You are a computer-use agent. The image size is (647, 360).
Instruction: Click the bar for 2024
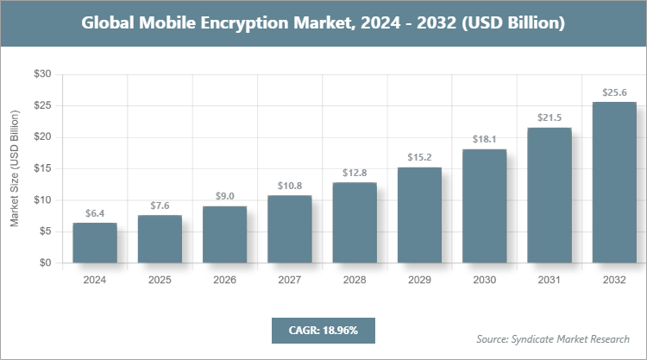pos(95,243)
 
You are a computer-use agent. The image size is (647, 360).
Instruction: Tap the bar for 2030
pos(484,206)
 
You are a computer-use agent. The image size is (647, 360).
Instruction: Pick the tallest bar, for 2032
pos(614,182)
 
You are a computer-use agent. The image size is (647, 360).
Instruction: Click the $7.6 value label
pos(160,205)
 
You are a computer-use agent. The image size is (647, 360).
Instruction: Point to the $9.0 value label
pos(224,197)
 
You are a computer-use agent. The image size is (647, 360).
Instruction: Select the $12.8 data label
pos(355,173)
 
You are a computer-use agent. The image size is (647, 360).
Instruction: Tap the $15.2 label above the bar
pos(419,157)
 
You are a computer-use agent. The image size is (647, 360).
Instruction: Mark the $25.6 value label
pos(614,92)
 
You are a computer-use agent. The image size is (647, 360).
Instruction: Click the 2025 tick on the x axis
pos(160,280)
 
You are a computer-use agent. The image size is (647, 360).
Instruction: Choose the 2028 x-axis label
pos(355,280)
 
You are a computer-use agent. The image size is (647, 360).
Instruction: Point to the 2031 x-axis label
pos(550,280)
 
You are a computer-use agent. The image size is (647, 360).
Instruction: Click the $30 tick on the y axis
pos(42,75)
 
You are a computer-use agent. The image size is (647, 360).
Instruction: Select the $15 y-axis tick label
pos(42,169)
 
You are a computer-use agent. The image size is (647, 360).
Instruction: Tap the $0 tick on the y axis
pos(45,263)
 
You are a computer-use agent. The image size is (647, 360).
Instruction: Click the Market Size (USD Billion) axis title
pos(15,169)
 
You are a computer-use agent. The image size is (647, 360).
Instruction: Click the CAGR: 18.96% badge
pos(323,330)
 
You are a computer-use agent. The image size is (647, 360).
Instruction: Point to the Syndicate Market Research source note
pos(553,338)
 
